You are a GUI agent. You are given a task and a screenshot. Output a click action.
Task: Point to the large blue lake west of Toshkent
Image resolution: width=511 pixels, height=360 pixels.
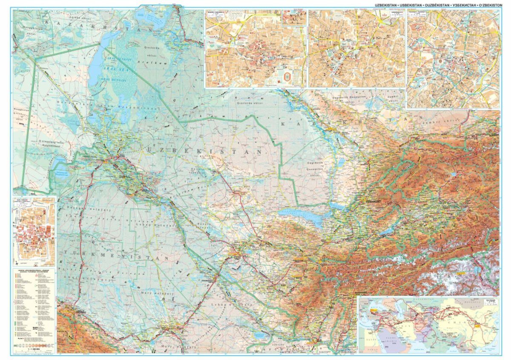301,215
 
